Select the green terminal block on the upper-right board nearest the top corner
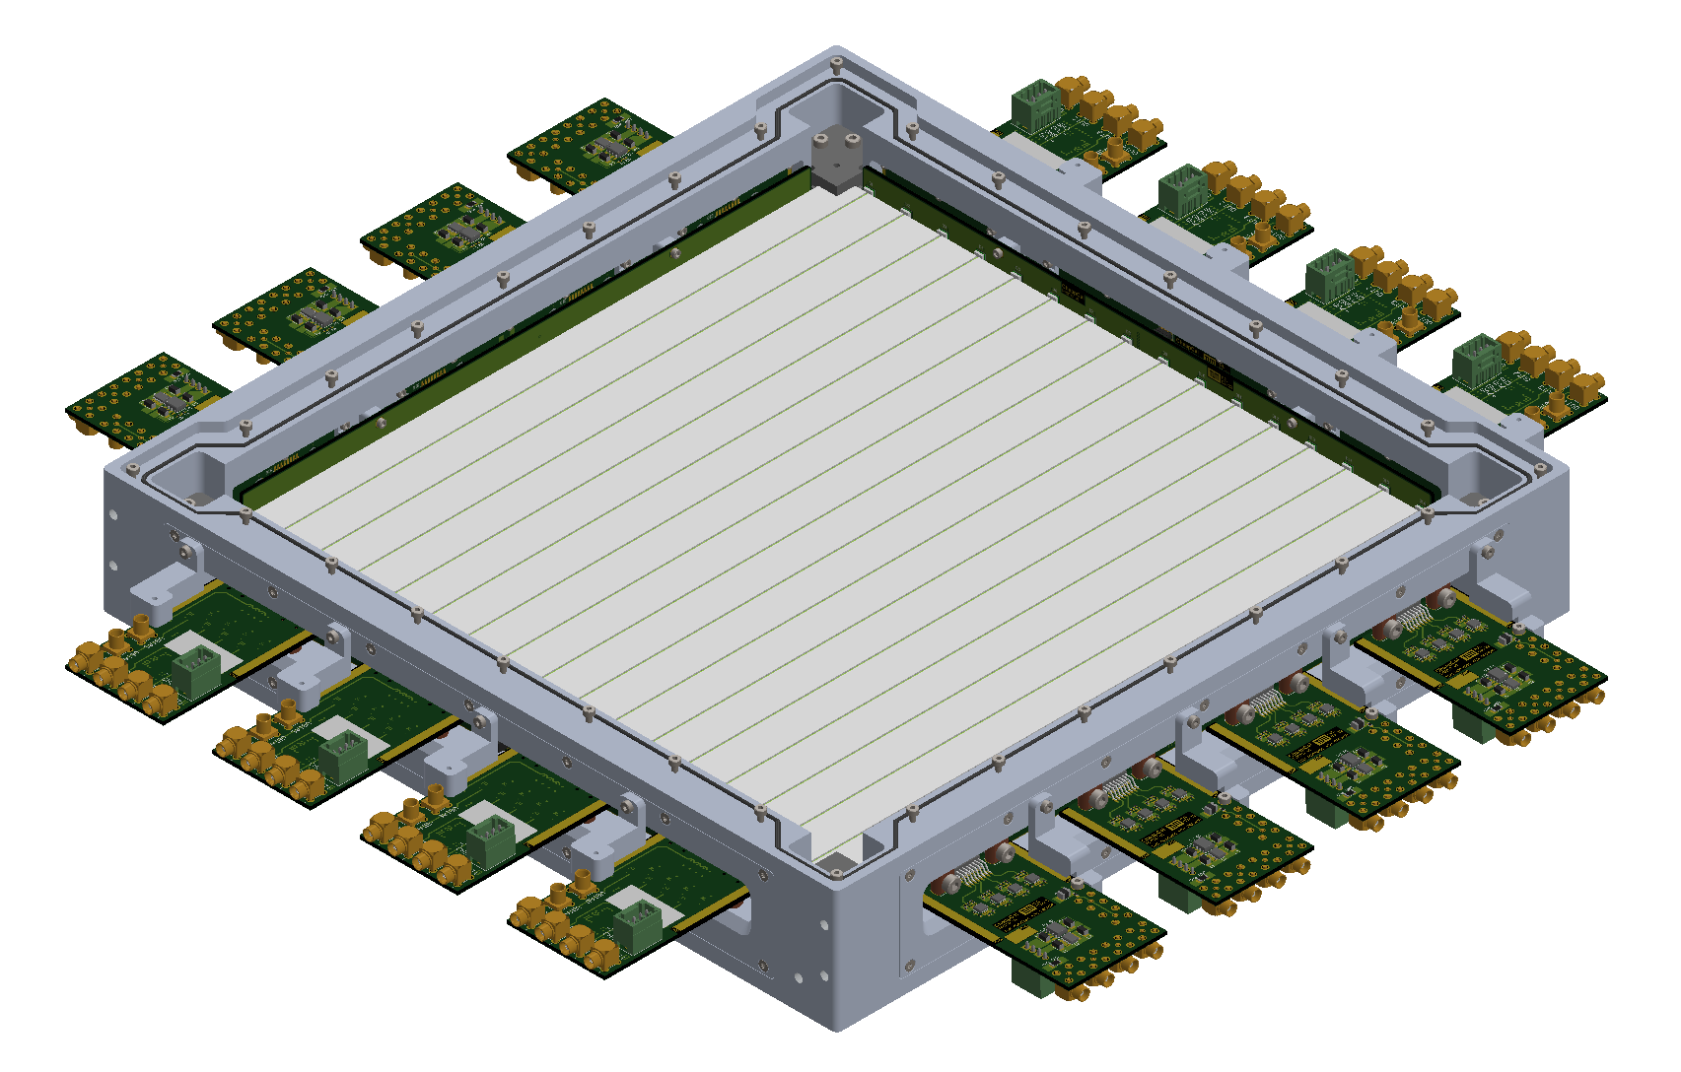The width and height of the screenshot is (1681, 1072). coord(1034,105)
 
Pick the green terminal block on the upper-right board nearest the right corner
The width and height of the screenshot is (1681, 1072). coord(1475,359)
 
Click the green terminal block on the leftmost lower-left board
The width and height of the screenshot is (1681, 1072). coord(196,668)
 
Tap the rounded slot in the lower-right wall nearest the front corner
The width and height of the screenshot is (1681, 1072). coord(931,921)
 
